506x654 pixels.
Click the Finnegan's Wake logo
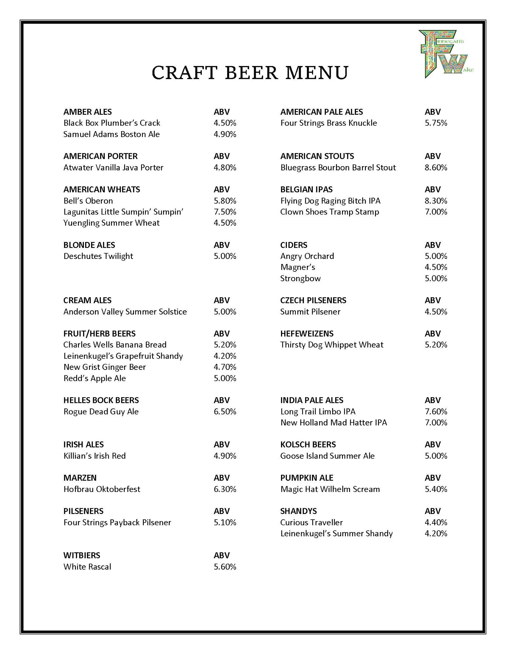click(445, 54)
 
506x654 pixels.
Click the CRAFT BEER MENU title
click(250, 73)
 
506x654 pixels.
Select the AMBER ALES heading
click(87, 112)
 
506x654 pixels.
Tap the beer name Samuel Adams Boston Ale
click(111, 134)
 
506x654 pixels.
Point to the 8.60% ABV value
click(436, 167)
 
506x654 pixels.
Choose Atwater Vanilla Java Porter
click(113, 167)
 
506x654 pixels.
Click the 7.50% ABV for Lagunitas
click(225, 212)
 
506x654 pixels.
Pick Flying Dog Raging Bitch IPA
click(330, 200)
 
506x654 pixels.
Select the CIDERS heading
click(294, 245)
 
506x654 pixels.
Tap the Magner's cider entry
click(297, 267)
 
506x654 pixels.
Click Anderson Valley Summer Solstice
click(125, 312)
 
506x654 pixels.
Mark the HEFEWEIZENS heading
click(307, 334)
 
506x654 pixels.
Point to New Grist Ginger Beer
click(104, 367)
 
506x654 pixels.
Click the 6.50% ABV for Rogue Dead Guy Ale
click(225, 411)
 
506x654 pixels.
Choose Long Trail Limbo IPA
click(318, 411)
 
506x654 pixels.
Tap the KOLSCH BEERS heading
click(308, 444)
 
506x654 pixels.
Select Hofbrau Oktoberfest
click(102, 489)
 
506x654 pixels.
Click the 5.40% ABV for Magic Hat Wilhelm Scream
click(436, 489)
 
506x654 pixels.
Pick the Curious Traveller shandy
click(311, 522)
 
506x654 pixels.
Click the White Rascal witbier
click(87, 567)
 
